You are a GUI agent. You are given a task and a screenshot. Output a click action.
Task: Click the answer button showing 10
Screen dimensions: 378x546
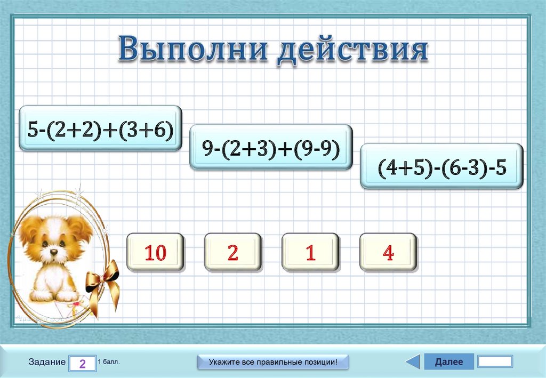[x=155, y=252]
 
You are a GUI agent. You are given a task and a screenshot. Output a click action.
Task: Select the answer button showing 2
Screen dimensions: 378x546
[x=232, y=252]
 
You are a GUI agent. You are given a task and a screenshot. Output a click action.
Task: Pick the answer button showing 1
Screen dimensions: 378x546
[x=310, y=252]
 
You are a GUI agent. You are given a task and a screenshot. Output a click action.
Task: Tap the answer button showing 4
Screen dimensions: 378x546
[x=388, y=252]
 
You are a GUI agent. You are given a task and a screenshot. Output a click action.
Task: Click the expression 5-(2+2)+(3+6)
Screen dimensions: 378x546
[x=101, y=128]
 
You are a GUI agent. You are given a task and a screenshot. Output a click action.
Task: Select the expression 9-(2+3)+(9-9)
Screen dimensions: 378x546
[x=271, y=147]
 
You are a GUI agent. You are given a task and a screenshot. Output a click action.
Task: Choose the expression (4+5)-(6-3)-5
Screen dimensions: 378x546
[x=441, y=166]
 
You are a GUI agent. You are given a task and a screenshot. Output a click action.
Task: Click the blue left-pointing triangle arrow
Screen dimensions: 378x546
[x=413, y=361]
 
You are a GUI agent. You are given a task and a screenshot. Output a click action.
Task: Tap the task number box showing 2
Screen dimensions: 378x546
[x=82, y=364]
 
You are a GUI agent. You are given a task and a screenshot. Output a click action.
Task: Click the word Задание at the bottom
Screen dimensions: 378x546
[x=47, y=362]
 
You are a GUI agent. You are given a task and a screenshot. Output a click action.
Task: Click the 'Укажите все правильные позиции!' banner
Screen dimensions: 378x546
[x=273, y=362]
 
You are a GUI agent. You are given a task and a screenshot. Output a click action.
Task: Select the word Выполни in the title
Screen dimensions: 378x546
[x=194, y=50]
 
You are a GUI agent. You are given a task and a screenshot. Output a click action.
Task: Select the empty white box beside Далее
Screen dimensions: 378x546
[x=495, y=361]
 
